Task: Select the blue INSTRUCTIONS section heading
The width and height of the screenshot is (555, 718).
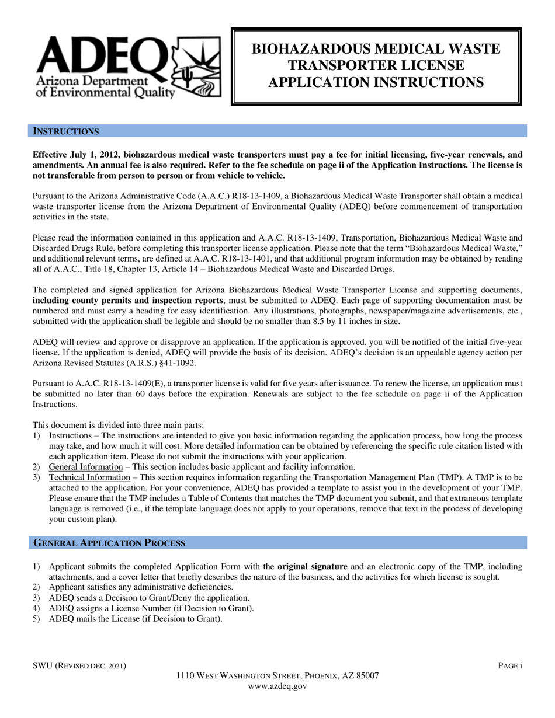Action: point(65,131)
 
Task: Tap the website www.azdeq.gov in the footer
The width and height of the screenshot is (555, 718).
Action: point(277,686)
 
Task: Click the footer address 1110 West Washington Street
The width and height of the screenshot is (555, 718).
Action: point(277,676)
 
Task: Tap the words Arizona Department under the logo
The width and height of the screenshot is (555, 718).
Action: point(91,80)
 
